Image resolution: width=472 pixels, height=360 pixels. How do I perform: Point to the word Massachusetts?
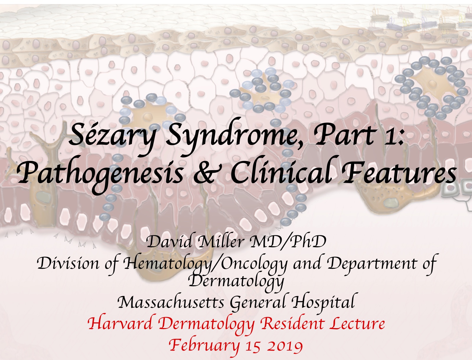tap(171, 302)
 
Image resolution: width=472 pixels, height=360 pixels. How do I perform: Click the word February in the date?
tap(204, 345)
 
